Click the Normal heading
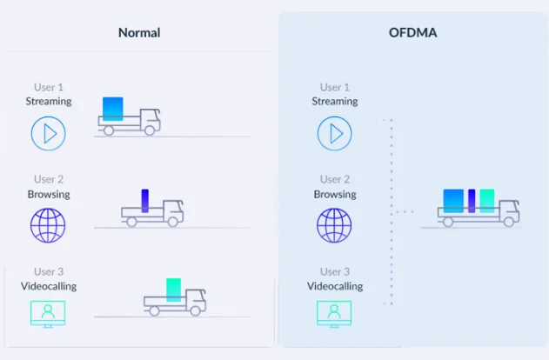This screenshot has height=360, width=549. click(x=139, y=33)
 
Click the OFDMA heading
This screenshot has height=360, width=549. click(x=412, y=33)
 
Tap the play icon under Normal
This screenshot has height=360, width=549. click(x=49, y=134)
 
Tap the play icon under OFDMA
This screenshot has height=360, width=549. click(x=335, y=134)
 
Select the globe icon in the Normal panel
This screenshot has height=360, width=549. click(x=49, y=224)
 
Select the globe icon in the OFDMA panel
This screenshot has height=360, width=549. click(x=335, y=224)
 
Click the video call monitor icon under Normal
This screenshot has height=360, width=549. click(x=49, y=312)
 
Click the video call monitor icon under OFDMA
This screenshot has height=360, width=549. click(x=335, y=312)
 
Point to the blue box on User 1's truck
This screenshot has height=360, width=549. click(x=113, y=109)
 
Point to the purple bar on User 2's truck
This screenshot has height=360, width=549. click(x=145, y=201)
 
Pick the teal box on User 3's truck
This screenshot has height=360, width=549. click(x=174, y=290)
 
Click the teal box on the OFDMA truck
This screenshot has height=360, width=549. click(x=486, y=201)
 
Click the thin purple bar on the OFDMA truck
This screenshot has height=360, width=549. click(x=472, y=201)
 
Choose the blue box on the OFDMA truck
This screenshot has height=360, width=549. click(x=453, y=201)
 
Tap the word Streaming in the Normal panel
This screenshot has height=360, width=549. click(x=49, y=101)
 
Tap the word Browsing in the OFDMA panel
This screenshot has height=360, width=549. click(x=335, y=194)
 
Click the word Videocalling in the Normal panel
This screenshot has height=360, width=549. click(x=49, y=286)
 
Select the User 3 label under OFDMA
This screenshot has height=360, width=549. click(x=335, y=271)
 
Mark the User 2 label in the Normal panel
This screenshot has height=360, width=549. click(x=49, y=179)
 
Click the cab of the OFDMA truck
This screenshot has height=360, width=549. click(x=508, y=210)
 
